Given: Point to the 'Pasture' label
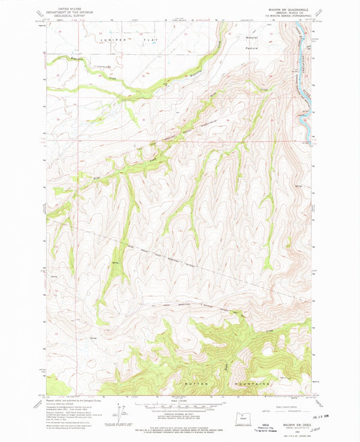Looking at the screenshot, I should point(252,48).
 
